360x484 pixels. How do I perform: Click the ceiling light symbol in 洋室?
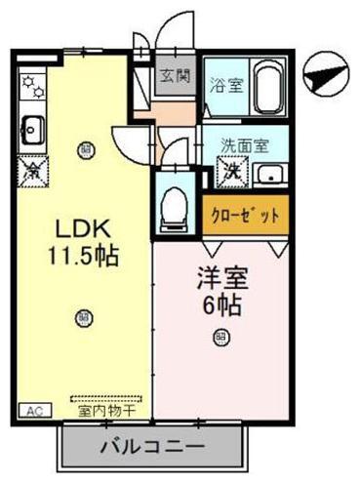point(221,338)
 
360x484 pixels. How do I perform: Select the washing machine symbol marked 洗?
point(231,173)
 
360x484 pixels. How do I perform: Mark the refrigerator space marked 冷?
point(29,170)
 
